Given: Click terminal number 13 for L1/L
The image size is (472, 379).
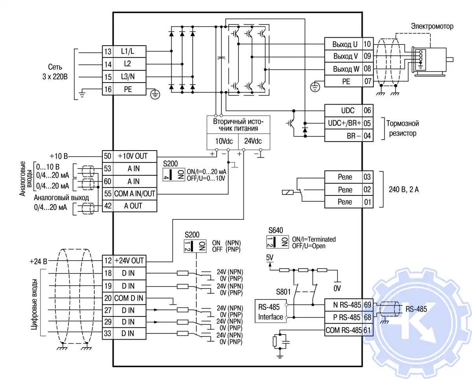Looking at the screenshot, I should [x=107, y=52].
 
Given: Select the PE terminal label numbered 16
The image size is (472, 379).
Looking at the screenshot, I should [x=128, y=89].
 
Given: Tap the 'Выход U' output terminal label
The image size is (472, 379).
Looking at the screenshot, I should [x=345, y=44].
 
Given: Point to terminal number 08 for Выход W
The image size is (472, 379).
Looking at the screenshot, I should [x=367, y=69].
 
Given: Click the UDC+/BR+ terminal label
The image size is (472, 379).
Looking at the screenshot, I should [x=345, y=123].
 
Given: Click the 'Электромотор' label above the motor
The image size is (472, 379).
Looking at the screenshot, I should [x=432, y=27].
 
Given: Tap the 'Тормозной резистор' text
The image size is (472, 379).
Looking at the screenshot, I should [x=402, y=128].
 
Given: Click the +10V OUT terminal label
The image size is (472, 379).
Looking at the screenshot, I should [x=132, y=156].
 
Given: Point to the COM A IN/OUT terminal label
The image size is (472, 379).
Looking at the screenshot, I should [x=135, y=193].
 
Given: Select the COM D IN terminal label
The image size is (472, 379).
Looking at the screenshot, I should [x=129, y=298].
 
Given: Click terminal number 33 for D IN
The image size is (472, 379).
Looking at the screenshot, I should [x=107, y=334].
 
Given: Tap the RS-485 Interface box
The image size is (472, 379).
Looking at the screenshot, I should [x=270, y=312].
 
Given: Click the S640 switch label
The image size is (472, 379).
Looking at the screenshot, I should [x=276, y=230].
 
